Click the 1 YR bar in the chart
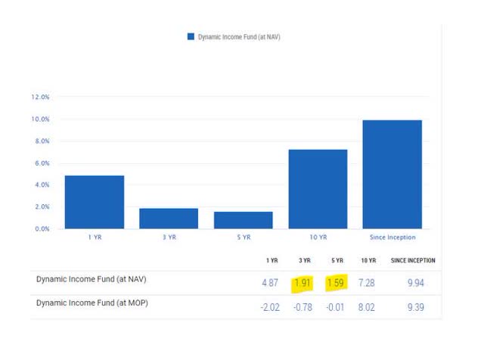click(94, 202)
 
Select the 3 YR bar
click(169, 219)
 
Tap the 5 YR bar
click(243, 220)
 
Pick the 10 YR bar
click(318, 189)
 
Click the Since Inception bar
click(392, 174)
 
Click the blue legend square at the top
click(191, 36)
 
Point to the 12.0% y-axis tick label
click(40, 98)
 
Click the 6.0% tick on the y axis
click(40, 163)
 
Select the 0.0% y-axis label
click(40, 228)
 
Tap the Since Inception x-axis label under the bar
click(392, 237)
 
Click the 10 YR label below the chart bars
click(318, 237)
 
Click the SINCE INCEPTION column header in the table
click(412, 260)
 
